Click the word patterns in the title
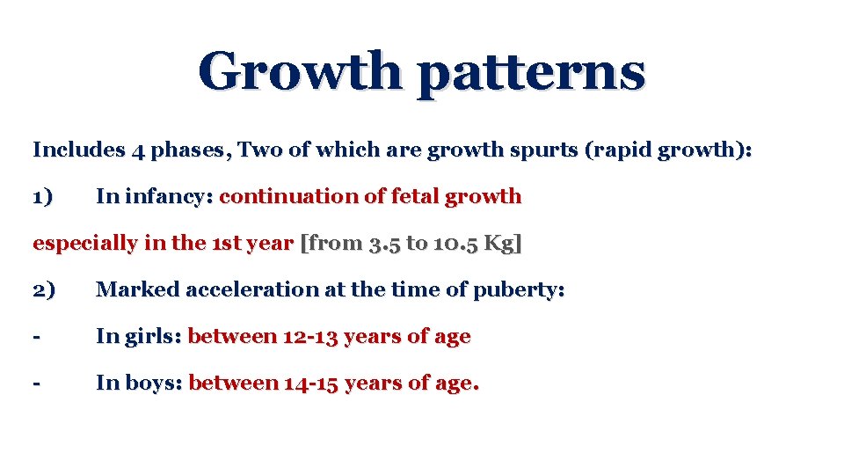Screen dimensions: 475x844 point(531,74)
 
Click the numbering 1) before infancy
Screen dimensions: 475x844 point(43,196)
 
